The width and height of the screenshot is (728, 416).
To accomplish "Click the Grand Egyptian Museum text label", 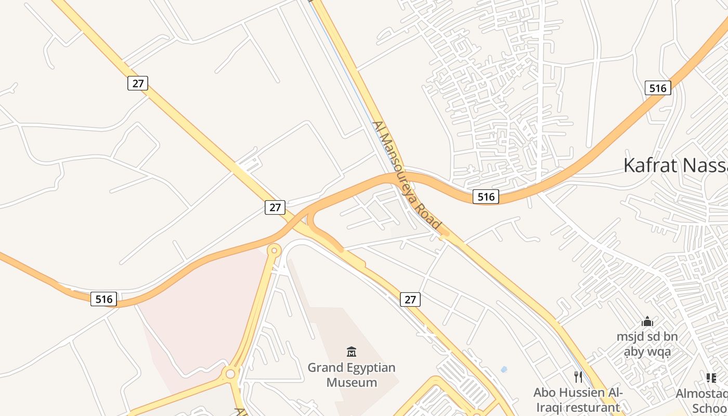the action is (x=352, y=375).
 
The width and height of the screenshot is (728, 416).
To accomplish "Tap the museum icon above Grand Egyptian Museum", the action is (x=352, y=352).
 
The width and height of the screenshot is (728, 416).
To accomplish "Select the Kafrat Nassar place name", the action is (x=675, y=165).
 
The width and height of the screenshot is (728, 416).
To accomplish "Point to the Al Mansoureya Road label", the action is (x=407, y=176).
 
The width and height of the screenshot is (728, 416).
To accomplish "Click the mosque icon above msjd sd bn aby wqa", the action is (x=647, y=321).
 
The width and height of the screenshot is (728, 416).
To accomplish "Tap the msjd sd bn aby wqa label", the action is (x=647, y=344).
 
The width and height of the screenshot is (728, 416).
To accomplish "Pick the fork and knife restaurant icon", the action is (x=578, y=376).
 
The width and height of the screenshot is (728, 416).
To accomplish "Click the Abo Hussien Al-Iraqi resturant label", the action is (x=578, y=399).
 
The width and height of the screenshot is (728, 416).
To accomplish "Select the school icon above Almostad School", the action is (x=711, y=378).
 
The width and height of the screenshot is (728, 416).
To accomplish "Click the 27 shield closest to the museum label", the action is (x=410, y=299).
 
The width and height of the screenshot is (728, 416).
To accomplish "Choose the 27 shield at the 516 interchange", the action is (x=275, y=207).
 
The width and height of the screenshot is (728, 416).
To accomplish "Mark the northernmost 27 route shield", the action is (x=138, y=83).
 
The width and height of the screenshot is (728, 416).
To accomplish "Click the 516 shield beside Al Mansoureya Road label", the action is (x=486, y=196).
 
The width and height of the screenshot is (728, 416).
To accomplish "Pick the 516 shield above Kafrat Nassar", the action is (x=658, y=88).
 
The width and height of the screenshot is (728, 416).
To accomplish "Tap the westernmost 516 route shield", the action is (x=103, y=298).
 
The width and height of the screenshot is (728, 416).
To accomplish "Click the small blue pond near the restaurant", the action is (x=503, y=370).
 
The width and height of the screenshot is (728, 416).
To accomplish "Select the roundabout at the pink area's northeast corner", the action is (x=274, y=251).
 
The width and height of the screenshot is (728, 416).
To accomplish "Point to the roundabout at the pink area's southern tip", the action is (x=230, y=373).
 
